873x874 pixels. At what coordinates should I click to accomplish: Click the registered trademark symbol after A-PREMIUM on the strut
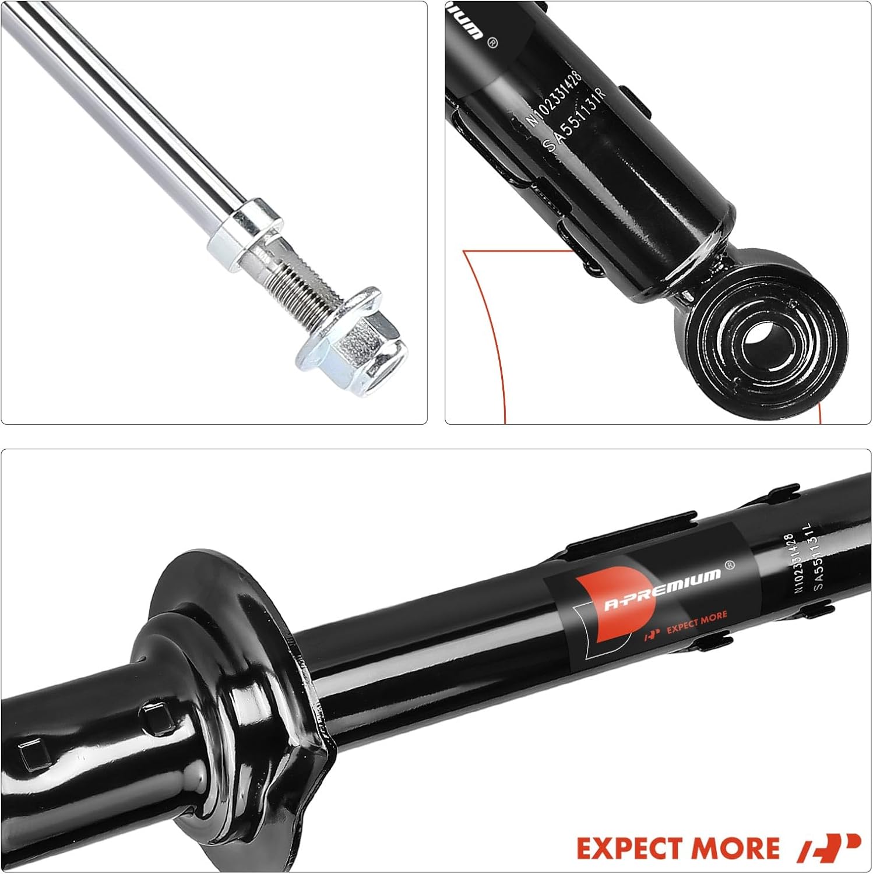pyautogui.click(x=728, y=565)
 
